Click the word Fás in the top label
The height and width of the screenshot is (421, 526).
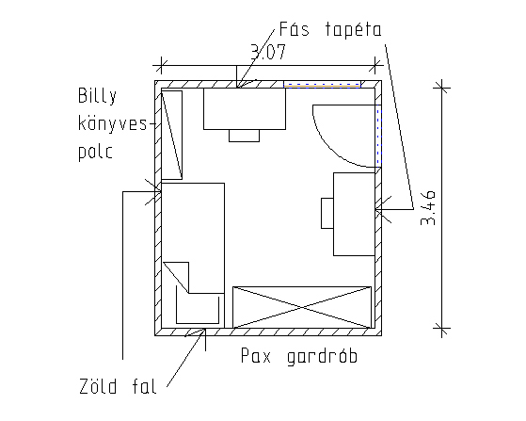click(294, 29)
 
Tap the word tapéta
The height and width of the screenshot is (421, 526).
click(353, 29)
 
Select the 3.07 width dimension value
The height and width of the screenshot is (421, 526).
click(268, 52)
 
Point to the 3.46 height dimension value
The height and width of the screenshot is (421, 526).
click(428, 207)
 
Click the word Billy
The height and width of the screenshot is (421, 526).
click(97, 95)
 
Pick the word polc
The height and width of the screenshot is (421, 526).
click(95, 152)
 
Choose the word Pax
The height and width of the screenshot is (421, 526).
click(256, 355)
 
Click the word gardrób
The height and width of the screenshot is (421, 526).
click(322, 356)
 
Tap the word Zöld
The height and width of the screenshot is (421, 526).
click(98, 386)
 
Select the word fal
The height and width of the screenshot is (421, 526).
click(144, 386)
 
